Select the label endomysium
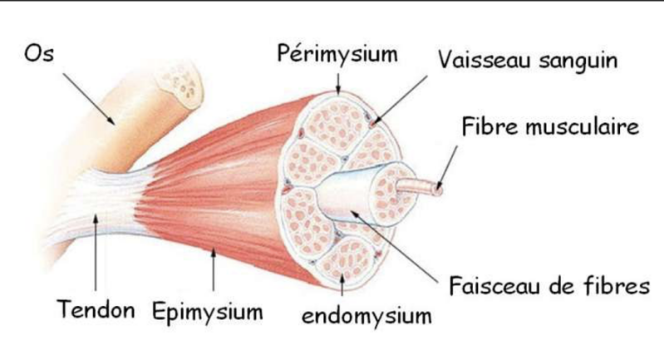click(366, 315)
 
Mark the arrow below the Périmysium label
click(337, 80)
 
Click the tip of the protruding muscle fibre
click(437, 189)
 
